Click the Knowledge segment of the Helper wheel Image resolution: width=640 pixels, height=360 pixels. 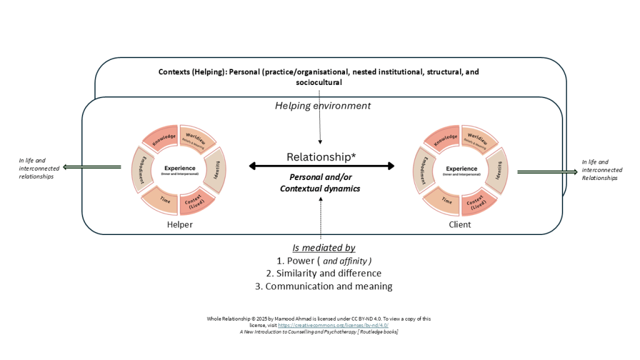(161, 136)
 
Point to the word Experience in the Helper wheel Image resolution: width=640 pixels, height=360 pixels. (180, 168)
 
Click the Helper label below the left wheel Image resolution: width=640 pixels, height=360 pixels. (180, 224)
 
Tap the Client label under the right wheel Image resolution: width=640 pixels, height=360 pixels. (461, 224)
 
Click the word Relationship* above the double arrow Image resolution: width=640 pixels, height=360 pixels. (321, 157)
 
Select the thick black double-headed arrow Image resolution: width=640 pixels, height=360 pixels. (322, 166)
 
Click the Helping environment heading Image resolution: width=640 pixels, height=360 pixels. (322, 106)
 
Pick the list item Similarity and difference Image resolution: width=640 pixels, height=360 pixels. (323, 273)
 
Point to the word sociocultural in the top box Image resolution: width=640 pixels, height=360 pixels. (319, 82)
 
